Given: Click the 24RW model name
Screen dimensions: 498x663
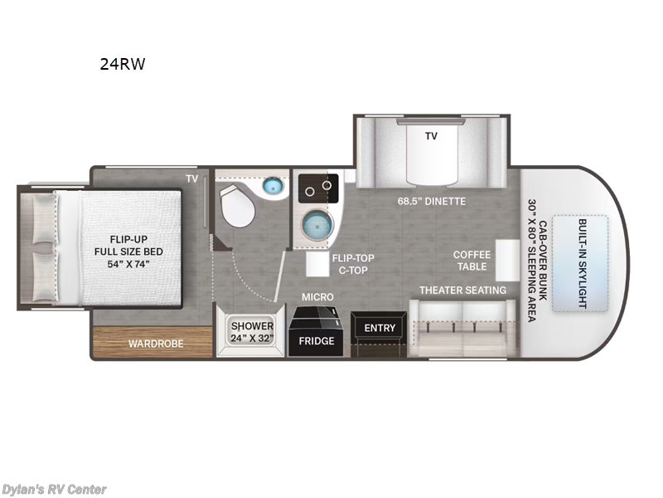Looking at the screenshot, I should pos(122,64).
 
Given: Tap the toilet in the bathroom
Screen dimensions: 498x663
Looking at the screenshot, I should pos(238,205).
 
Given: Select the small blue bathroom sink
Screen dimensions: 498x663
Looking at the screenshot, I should pos(273,187).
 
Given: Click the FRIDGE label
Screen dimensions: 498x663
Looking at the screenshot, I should pos(316,341).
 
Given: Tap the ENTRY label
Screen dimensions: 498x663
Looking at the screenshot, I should pos(380,328).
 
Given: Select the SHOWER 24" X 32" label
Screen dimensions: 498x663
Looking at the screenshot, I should pos(252,332).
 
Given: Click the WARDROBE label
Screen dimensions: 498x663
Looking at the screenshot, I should pos(156,343).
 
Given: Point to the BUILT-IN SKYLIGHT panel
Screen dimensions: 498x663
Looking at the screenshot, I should pos(582,263).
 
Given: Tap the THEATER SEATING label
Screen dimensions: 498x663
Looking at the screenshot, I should pos(462,290).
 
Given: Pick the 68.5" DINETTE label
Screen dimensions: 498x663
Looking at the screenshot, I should pos(432,201).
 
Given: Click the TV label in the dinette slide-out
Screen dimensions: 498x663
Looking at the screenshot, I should pos(431,135).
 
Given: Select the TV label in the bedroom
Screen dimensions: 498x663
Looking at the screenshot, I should pos(192,178).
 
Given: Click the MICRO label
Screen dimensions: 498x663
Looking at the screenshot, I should pos(317,296).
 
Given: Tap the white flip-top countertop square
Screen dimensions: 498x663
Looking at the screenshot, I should pos(318,265).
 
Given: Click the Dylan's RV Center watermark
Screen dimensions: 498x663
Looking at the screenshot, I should pos(54,489).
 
